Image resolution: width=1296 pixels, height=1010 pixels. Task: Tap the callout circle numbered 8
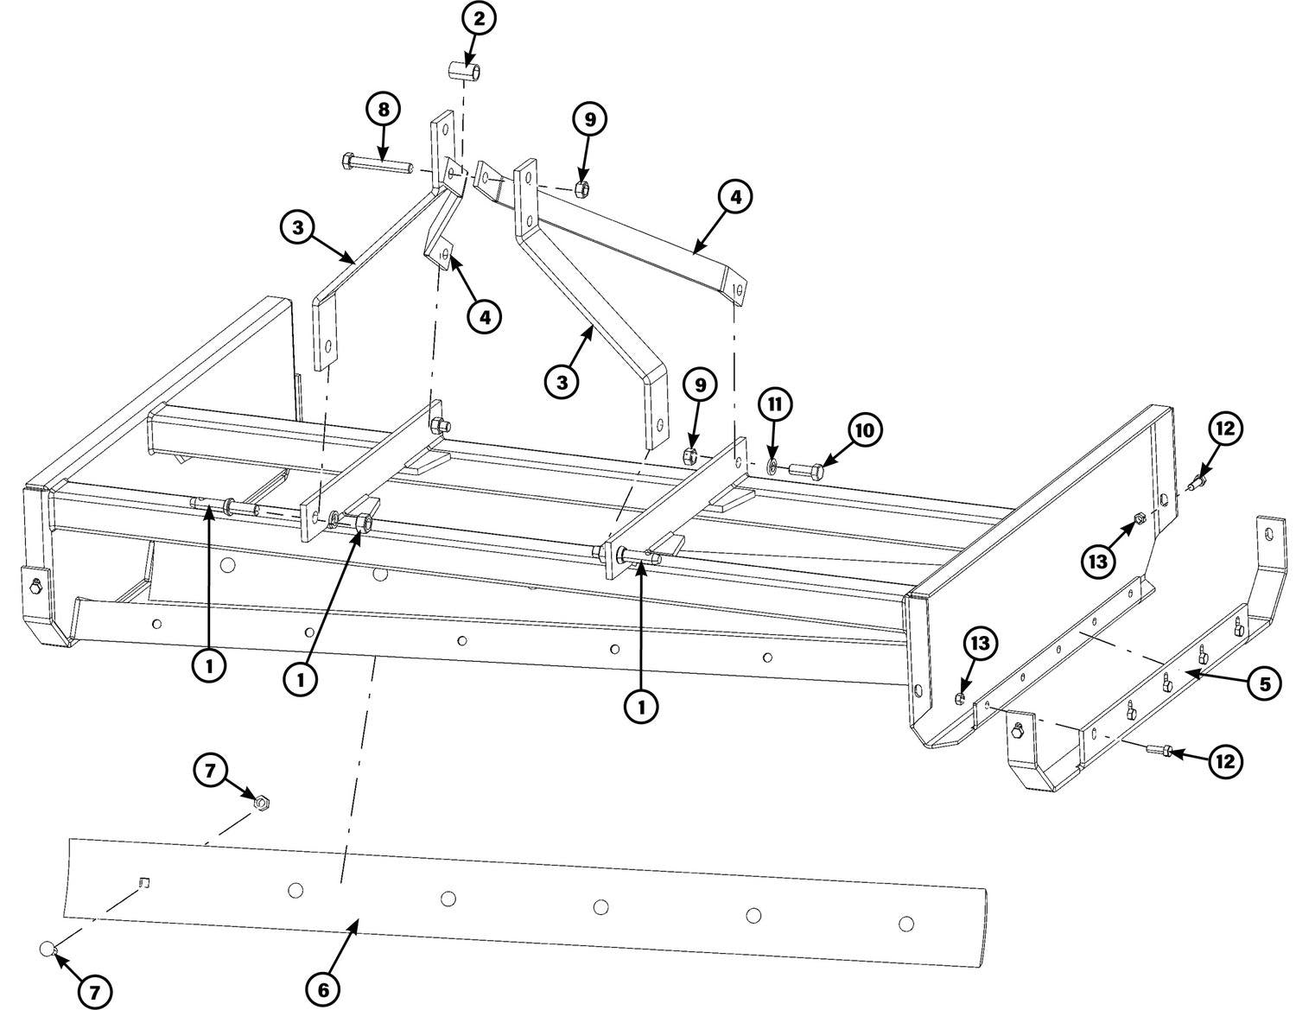pyautogui.click(x=383, y=110)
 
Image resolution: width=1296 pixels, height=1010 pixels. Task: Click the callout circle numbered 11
pyautogui.click(x=775, y=403)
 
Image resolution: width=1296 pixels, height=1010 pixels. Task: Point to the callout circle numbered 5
pyautogui.click(x=1264, y=684)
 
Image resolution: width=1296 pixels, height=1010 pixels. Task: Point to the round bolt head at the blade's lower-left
pyautogui.click(x=48, y=950)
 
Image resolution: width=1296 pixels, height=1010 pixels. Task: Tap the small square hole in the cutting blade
pyautogui.click(x=145, y=882)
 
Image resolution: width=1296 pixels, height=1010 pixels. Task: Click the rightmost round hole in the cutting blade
pyautogui.click(x=905, y=924)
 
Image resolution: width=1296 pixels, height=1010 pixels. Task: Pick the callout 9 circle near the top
pyautogui.click(x=590, y=119)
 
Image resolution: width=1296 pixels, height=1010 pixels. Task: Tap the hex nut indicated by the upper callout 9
pyautogui.click(x=582, y=188)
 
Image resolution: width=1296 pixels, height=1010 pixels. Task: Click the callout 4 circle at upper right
pyautogui.click(x=734, y=197)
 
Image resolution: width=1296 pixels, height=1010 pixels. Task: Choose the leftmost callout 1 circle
pyautogui.click(x=210, y=665)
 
